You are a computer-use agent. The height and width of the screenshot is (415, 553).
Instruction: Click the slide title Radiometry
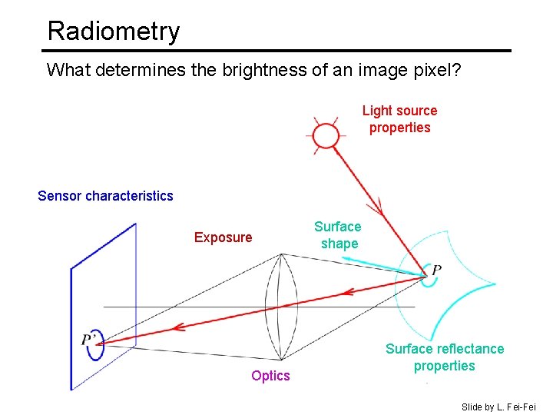pos(113,31)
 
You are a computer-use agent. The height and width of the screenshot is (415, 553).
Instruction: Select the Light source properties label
pos(399,119)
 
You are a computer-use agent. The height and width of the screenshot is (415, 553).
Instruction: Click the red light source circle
pos(326,135)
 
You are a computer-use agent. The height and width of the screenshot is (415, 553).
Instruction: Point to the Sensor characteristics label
pos(105,196)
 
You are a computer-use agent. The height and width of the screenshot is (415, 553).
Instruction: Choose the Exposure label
pos(223,237)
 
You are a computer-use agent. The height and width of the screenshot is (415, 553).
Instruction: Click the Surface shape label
pos(338,235)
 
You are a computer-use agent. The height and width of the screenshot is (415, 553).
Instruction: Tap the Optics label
pos(270,376)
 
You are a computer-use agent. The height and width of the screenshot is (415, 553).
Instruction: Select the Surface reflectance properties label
pos(445,357)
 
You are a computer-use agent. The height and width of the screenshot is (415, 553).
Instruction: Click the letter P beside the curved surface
pos(436,270)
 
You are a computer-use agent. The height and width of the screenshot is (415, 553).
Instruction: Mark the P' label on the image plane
pos(90,340)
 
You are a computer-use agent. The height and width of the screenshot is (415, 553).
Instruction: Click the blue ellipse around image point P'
pos(95,346)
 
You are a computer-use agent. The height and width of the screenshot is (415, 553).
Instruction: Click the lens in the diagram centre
pos(281,306)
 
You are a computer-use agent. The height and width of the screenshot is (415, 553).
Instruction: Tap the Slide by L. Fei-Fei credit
pos(498,407)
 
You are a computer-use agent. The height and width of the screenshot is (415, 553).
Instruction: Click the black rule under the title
pos(276,51)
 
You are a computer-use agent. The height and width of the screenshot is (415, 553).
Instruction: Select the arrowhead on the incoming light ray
pos(377,207)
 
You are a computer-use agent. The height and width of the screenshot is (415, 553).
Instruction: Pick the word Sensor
pos(59,196)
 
